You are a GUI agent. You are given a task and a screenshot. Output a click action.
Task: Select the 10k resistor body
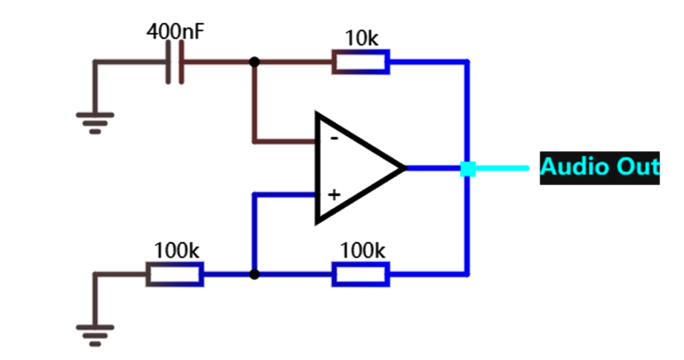click(360, 62)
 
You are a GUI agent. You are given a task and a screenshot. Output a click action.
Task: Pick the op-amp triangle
click(353, 168)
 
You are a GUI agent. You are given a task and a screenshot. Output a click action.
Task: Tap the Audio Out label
click(599, 167)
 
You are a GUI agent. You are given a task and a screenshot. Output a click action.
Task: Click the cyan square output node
click(468, 168)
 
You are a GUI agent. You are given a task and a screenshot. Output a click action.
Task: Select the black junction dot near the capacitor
click(253, 62)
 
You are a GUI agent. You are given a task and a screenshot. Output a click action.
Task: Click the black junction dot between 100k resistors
click(253, 274)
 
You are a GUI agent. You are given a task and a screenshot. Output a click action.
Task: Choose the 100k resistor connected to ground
click(175, 274)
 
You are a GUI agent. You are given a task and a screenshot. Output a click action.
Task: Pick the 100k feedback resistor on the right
click(360, 274)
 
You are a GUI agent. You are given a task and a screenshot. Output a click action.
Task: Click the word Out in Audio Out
click(635, 167)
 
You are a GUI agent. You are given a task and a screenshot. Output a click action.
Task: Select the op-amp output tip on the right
click(405, 168)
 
